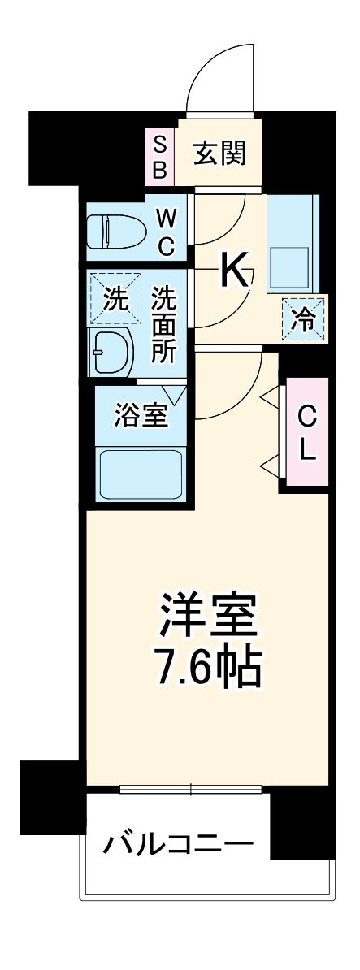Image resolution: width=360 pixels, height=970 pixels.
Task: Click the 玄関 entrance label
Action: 219,154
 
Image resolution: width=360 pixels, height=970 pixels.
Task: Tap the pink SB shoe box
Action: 160,158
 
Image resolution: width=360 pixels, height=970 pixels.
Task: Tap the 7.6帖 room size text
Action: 208,669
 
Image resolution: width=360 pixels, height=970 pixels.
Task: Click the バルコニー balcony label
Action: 176,846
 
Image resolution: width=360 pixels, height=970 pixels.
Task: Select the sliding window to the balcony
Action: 190,788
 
